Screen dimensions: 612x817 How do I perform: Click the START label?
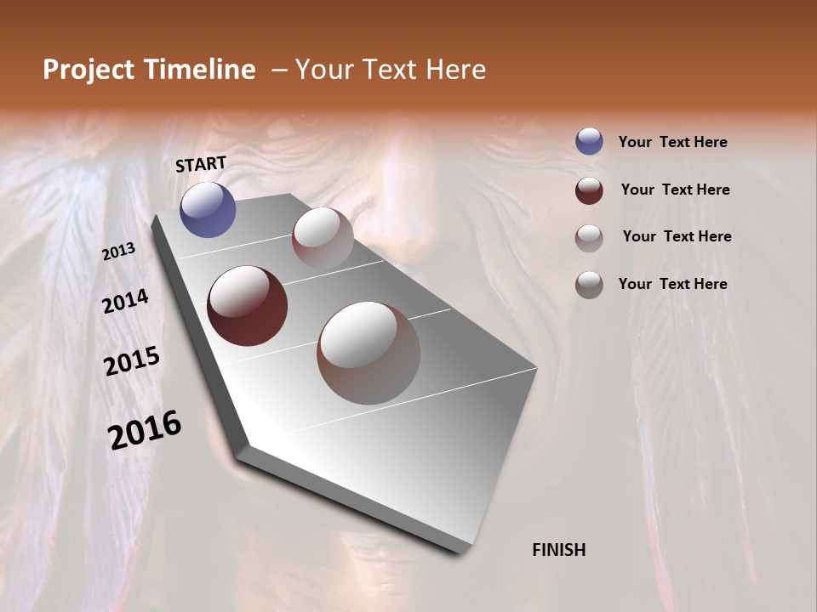point(201,164)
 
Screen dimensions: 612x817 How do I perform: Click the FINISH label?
point(558,550)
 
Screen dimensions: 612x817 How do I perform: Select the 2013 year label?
point(119,252)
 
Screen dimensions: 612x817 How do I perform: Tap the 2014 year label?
point(126,301)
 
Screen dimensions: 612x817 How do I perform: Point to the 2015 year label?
point(132,361)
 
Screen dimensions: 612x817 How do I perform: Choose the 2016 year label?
point(145,430)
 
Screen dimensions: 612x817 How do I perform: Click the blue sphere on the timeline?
point(208,209)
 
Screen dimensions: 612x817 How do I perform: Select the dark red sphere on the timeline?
point(247,306)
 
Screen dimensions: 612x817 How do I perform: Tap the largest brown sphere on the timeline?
point(369,353)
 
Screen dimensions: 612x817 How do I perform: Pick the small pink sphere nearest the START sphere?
point(323,238)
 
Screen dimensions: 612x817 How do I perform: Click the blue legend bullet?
point(589,142)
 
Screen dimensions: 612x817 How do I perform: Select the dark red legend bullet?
point(589,190)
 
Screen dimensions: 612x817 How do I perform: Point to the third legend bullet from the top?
point(589,238)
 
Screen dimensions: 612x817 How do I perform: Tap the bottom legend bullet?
point(589,285)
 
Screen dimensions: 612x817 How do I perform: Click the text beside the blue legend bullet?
point(672,142)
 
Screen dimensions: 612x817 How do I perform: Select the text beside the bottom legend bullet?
point(672,284)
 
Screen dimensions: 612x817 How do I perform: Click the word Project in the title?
point(88,70)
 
